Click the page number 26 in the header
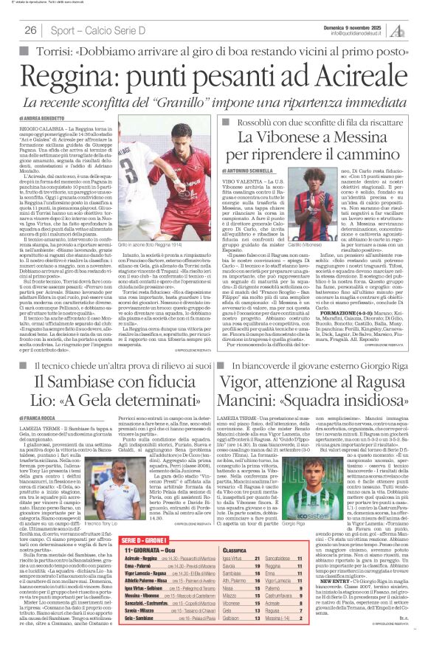30,30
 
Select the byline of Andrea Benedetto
34,117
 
